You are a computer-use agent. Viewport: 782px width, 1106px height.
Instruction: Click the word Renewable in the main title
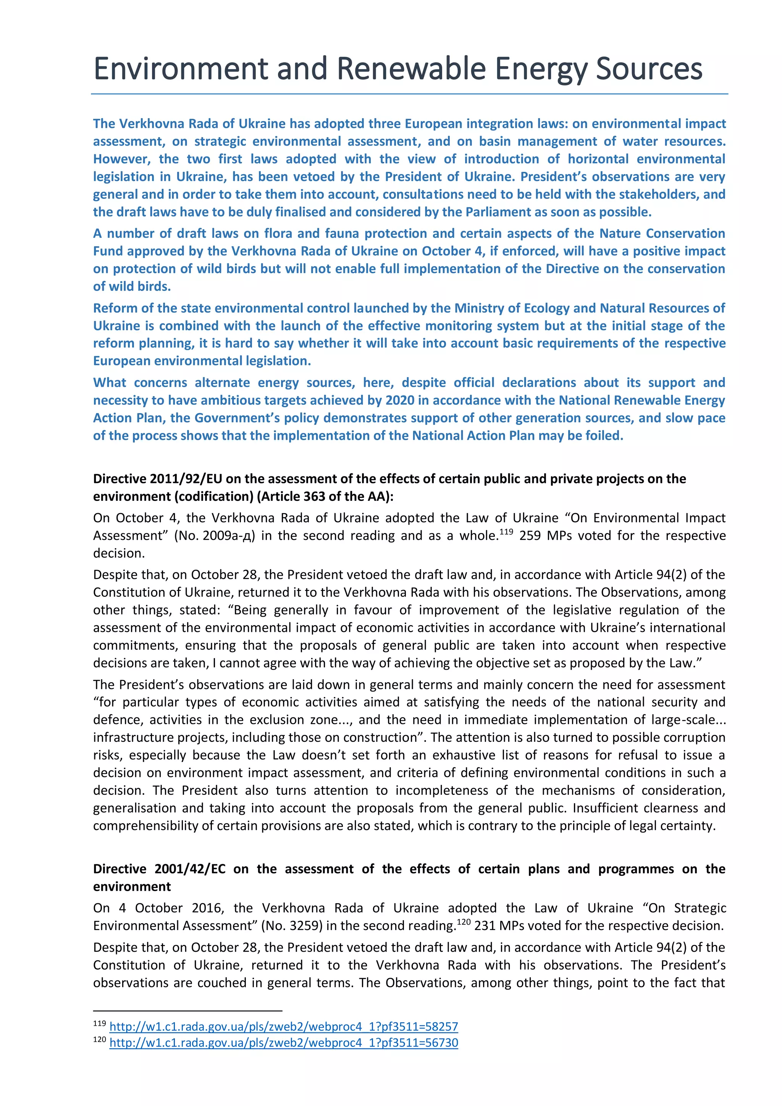(411, 69)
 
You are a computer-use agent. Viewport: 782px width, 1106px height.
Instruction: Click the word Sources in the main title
(649, 69)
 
